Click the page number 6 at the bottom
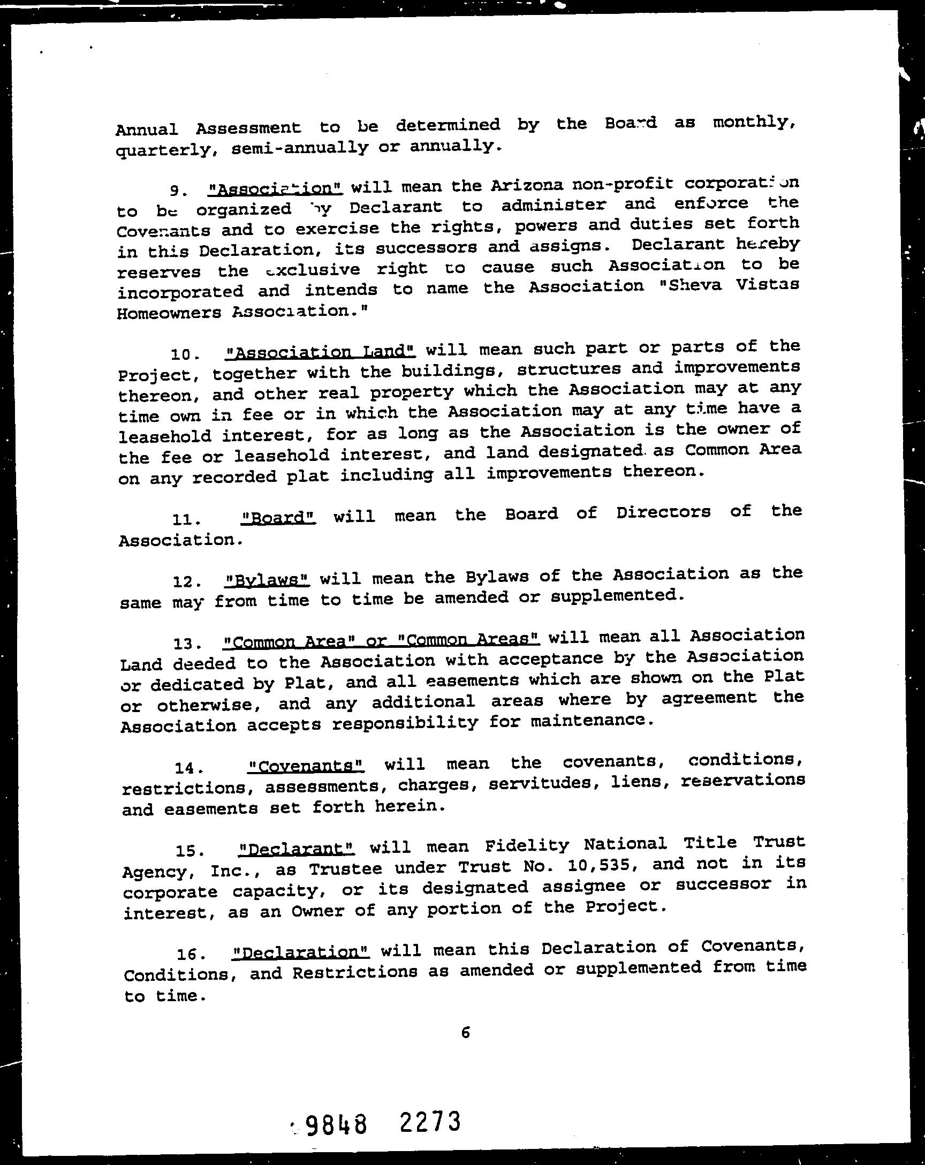click(x=466, y=1033)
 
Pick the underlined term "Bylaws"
click(x=267, y=580)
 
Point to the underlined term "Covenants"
click(x=306, y=766)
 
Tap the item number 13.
click(x=187, y=644)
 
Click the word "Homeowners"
click(x=169, y=313)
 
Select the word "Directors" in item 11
click(x=663, y=512)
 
